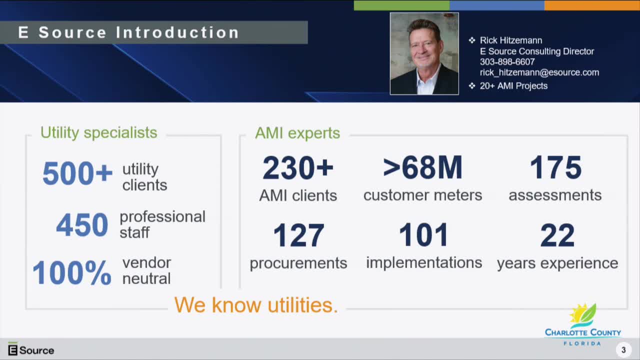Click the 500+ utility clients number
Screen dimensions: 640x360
point(77,173)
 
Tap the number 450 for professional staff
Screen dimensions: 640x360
point(82,225)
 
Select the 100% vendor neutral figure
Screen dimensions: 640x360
point(71,273)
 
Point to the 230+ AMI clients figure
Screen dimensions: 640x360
point(298,167)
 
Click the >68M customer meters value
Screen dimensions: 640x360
point(422,167)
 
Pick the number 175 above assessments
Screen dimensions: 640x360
point(555,167)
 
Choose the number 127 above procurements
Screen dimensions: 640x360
point(298,235)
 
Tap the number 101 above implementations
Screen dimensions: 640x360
point(423,235)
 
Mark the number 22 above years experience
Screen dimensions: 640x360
point(557,235)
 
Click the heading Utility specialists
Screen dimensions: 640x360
point(99,133)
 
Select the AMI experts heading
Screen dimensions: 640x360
point(297,133)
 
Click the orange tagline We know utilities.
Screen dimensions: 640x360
point(256,305)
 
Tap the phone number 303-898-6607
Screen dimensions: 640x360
point(507,61)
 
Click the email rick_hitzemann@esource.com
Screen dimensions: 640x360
point(539,72)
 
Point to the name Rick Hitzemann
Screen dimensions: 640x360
point(511,40)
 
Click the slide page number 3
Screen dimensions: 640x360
point(623,350)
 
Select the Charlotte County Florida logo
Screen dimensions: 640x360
point(583,324)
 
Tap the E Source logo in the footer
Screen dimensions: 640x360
point(31,349)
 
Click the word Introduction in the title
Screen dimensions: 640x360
point(177,32)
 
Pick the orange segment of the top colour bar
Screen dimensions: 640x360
point(592,5)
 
